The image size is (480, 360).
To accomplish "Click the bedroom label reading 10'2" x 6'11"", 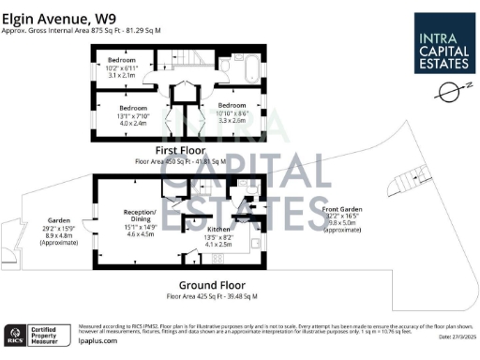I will click(x=119, y=66).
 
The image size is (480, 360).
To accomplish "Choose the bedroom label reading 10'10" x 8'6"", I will click(x=232, y=115).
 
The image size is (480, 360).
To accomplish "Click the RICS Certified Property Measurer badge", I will click(x=37, y=333).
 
